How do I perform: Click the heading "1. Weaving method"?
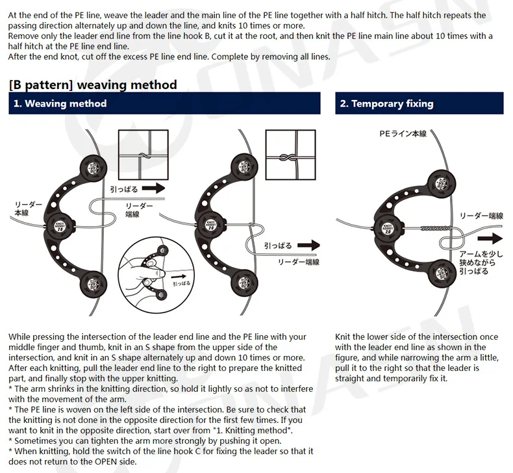(59, 104)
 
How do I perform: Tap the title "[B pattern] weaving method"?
(93, 84)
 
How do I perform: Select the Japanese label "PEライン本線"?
(403, 134)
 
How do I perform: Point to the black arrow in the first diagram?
(153, 188)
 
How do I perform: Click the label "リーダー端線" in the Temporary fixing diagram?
(481, 216)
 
